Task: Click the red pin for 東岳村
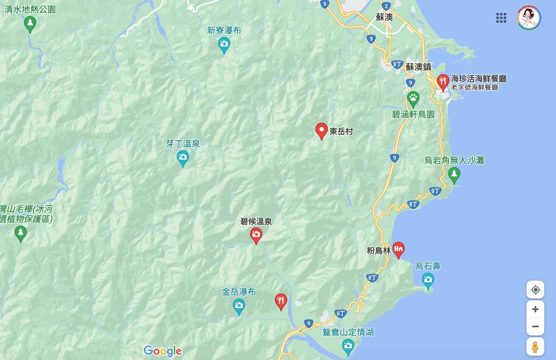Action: (321, 131)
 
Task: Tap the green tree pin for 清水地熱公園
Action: (30, 24)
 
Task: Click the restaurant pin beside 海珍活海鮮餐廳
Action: (443, 81)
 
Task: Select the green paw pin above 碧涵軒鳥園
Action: (413, 99)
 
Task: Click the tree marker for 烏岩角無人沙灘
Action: (454, 174)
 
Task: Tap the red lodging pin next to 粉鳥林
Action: (398, 249)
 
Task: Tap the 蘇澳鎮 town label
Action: (418, 67)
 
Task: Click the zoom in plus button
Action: (535, 309)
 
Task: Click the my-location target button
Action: (535, 290)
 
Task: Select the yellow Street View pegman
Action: (535, 347)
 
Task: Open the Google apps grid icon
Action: (501, 18)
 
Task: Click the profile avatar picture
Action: (529, 18)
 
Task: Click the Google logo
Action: (163, 351)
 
